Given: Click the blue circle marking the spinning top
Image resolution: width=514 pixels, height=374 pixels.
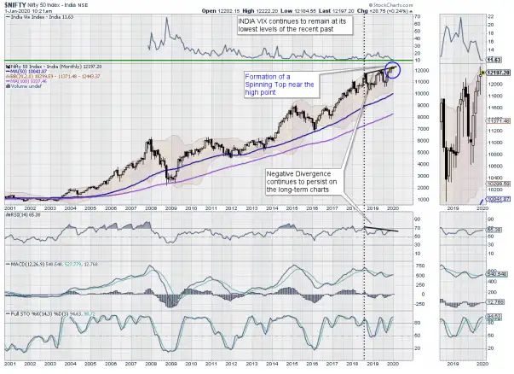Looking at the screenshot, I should (x=393, y=71).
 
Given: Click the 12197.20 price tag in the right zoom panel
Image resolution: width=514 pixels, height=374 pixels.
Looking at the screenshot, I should (x=497, y=73).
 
